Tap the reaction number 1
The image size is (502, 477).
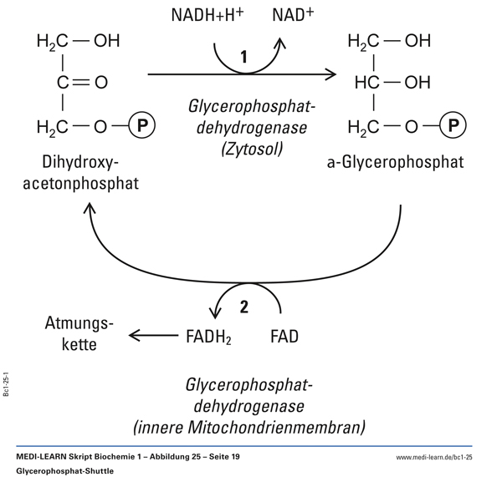click(x=243, y=57)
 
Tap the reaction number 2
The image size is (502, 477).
click(x=243, y=306)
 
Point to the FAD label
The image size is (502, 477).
click(x=284, y=337)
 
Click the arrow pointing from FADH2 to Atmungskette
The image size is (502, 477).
click(x=151, y=337)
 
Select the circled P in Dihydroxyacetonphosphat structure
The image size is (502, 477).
click(x=141, y=127)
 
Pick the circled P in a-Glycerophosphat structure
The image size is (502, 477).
click(x=453, y=127)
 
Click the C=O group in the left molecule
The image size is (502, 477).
click(x=84, y=83)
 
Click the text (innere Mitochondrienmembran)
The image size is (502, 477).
click(x=248, y=428)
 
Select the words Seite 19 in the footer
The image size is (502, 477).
click(x=221, y=458)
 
